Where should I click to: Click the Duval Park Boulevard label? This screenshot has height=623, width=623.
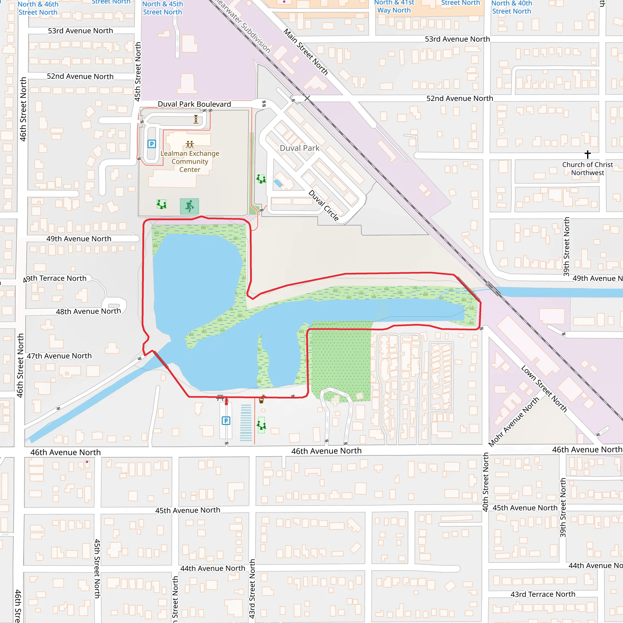pos(194,104)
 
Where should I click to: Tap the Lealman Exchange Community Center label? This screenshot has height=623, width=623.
pos(190,161)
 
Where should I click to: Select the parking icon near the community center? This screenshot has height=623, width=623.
pos(151,144)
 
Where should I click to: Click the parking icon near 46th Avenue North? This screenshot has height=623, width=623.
pos(226,420)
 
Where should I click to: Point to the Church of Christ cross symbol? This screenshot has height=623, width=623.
pos(587,155)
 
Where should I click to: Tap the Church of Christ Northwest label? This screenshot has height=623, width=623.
pos(587,169)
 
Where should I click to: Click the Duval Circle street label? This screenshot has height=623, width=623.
pos(324,205)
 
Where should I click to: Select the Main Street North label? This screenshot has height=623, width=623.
pos(306,52)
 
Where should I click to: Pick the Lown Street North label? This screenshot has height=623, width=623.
pos(544,388)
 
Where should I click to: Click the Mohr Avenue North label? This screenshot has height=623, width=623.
pos(514,421)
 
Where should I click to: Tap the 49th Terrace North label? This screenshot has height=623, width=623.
pos(55,279)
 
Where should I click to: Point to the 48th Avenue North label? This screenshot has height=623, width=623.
pos(88,311)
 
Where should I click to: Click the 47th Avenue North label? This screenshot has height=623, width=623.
pos(59,356)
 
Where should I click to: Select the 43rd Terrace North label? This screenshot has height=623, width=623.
pos(543,594)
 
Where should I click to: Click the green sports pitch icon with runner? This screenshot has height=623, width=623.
pos(189,206)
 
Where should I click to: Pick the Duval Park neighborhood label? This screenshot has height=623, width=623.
pos(300,148)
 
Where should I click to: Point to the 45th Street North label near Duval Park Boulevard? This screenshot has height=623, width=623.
pos(138,71)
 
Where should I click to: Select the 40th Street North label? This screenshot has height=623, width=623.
pos(485,482)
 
